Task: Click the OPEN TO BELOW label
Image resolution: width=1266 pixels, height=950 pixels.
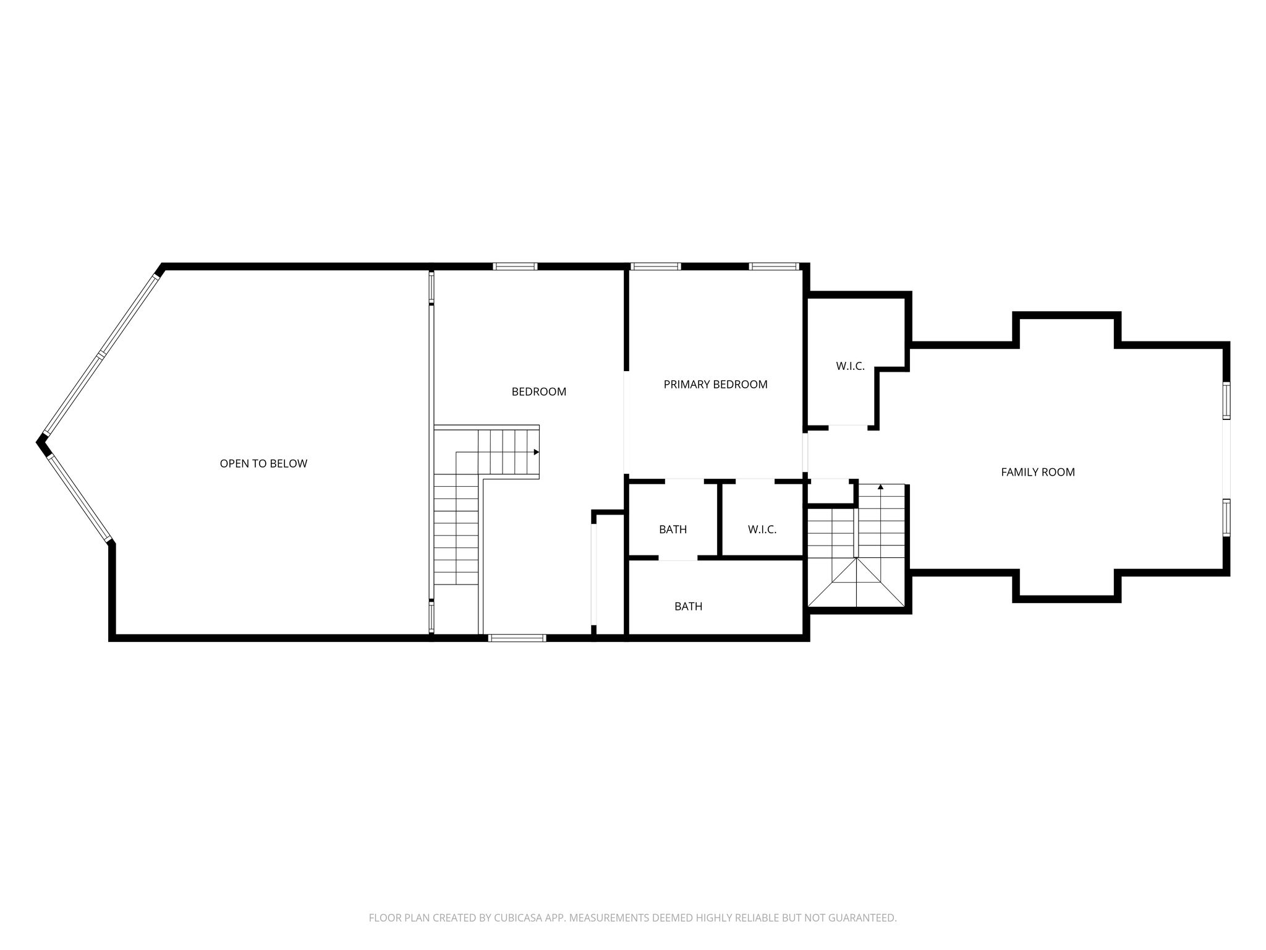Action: coord(263,463)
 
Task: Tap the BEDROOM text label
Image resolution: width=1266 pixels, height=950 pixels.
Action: coord(539,392)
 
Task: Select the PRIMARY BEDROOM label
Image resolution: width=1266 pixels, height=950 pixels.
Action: coord(715,384)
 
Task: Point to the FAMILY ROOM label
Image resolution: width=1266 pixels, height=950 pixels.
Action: coord(1038,472)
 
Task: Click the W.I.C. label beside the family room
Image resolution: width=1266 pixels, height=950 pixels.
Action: coord(850,366)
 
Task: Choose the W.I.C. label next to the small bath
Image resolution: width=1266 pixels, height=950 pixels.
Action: coord(762,529)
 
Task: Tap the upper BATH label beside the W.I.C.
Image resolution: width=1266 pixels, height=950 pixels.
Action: coord(673,529)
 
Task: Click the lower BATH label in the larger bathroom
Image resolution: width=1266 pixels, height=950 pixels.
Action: coord(688,606)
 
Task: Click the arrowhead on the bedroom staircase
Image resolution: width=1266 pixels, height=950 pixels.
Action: coord(536,452)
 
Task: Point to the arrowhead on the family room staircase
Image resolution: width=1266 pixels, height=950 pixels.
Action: coord(880,487)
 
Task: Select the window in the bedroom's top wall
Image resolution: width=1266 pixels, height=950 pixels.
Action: coord(515,267)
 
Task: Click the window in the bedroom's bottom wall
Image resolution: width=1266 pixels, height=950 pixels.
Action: coord(517,638)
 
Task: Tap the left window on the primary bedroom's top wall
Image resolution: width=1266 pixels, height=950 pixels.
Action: coord(655,267)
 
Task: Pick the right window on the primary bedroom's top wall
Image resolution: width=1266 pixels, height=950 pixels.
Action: coord(774,267)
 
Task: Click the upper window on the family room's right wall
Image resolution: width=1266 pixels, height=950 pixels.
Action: coord(1226,401)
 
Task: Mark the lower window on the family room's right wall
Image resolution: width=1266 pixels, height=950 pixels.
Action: coord(1226,517)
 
